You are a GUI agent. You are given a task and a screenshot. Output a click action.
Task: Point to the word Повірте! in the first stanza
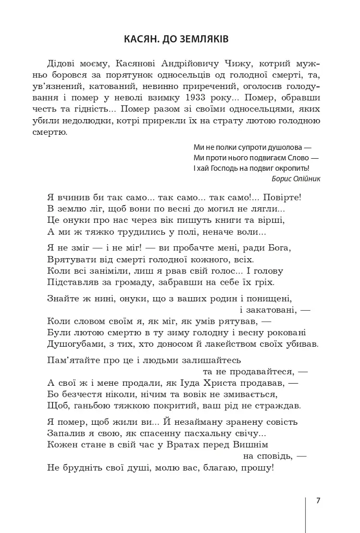pyautogui.click(x=281, y=198)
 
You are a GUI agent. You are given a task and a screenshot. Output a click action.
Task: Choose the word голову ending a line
pyautogui.click(x=268, y=271)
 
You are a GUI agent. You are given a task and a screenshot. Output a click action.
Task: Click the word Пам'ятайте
pyautogui.click(x=72, y=360)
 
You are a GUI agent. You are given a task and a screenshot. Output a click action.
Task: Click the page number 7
pyautogui.click(x=318, y=501)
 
